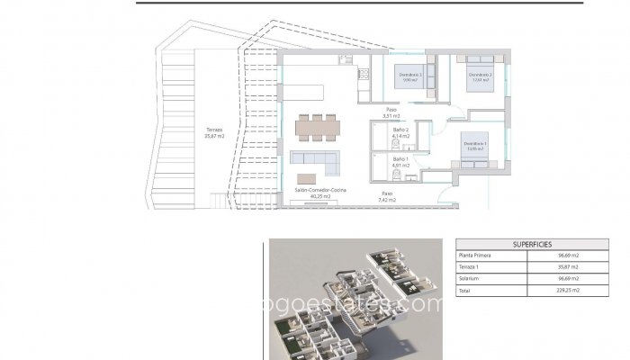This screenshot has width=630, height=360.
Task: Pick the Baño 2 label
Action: tap(401, 133)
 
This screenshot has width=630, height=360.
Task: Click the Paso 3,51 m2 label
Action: tap(391, 113)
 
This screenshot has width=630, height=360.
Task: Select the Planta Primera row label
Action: tap(477, 256)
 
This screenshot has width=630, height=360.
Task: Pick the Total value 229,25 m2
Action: tap(568, 291)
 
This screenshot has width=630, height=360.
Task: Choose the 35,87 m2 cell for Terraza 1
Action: tap(568, 267)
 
